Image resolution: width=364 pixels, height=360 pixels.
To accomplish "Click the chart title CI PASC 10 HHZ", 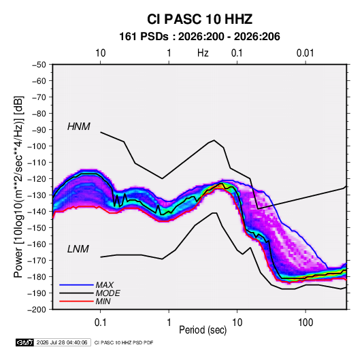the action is click(x=199, y=19).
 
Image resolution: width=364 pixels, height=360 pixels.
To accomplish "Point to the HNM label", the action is click(x=79, y=127).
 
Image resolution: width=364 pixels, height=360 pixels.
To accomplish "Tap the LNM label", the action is click(x=78, y=249).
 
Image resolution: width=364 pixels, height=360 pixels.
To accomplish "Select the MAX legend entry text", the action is click(x=105, y=284).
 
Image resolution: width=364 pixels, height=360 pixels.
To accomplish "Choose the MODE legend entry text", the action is click(x=107, y=293).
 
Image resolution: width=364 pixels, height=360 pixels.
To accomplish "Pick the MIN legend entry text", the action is click(x=103, y=301).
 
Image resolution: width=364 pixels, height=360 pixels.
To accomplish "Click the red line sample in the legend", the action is click(x=76, y=301).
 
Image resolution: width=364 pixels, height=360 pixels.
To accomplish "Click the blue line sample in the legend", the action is click(x=76, y=284).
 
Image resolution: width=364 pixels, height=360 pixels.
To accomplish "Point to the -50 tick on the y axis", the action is click(x=39, y=65).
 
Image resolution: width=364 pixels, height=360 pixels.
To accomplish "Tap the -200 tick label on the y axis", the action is click(x=37, y=310).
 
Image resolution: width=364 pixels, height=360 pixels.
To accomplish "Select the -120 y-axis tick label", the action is click(x=37, y=179).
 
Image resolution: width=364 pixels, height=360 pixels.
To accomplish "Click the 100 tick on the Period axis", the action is click(x=305, y=323).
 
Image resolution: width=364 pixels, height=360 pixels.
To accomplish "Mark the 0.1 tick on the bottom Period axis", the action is click(x=100, y=323).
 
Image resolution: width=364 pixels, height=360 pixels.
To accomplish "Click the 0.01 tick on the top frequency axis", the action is click(x=305, y=53).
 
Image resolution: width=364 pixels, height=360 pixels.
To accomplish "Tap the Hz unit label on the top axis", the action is click(x=203, y=53).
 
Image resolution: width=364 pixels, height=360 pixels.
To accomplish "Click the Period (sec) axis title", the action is click(x=203, y=330).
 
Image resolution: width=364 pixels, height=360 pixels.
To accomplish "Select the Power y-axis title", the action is click(x=18, y=187).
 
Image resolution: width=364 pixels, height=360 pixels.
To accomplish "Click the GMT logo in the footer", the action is click(x=24, y=342).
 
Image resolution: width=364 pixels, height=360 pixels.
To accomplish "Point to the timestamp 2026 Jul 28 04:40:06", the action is click(x=62, y=342).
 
